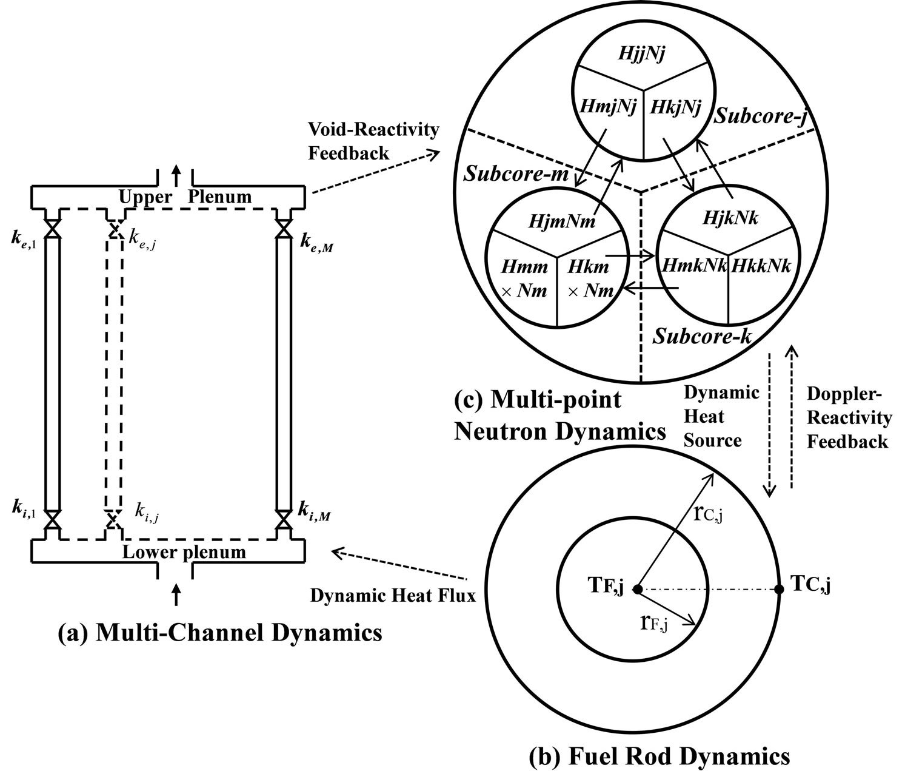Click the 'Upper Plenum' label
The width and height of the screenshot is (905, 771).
(x=185, y=197)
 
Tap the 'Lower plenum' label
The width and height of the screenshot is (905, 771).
(x=184, y=552)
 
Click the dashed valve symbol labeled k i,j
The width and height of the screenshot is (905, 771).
(x=113, y=519)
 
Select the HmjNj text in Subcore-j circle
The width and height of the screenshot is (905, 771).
(x=607, y=108)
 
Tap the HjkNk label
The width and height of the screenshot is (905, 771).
(x=730, y=217)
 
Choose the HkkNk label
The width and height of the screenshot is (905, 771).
(x=761, y=266)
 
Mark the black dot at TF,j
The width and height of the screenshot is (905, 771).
(x=637, y=588)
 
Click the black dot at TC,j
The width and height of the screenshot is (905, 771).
(x=781, y=588)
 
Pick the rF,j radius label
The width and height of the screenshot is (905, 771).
(x=653, y=624)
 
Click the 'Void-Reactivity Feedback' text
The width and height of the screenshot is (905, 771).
(x=373, y=141)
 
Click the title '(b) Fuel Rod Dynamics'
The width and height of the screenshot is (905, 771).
(x=660, y=756)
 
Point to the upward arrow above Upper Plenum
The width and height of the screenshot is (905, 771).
(x=176, y=175)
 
